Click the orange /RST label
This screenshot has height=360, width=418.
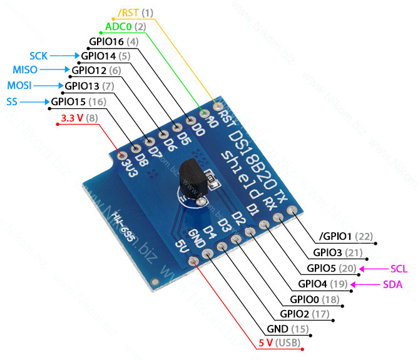(128, 13)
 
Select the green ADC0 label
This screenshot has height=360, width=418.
(118, 27)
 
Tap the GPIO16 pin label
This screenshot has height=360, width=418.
(106, 41)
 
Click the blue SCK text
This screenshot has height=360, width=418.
(38, 56)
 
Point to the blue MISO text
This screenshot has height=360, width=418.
(25, 70)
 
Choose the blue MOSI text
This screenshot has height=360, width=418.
(19, 86)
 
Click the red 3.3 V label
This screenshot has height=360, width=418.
(72, 118)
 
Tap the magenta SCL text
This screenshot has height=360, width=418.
(399, 269)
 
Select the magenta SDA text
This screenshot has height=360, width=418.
(392, 284)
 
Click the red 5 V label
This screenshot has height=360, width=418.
(265, 342)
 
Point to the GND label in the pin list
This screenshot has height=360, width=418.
(277, 329)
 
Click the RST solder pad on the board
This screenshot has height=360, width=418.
(218, 106)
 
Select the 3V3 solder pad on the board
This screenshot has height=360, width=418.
(123, 155)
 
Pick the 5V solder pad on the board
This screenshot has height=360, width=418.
(193, 261)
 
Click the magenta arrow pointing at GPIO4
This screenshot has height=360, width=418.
(365, 285)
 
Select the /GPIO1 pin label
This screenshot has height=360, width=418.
(335, 236)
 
